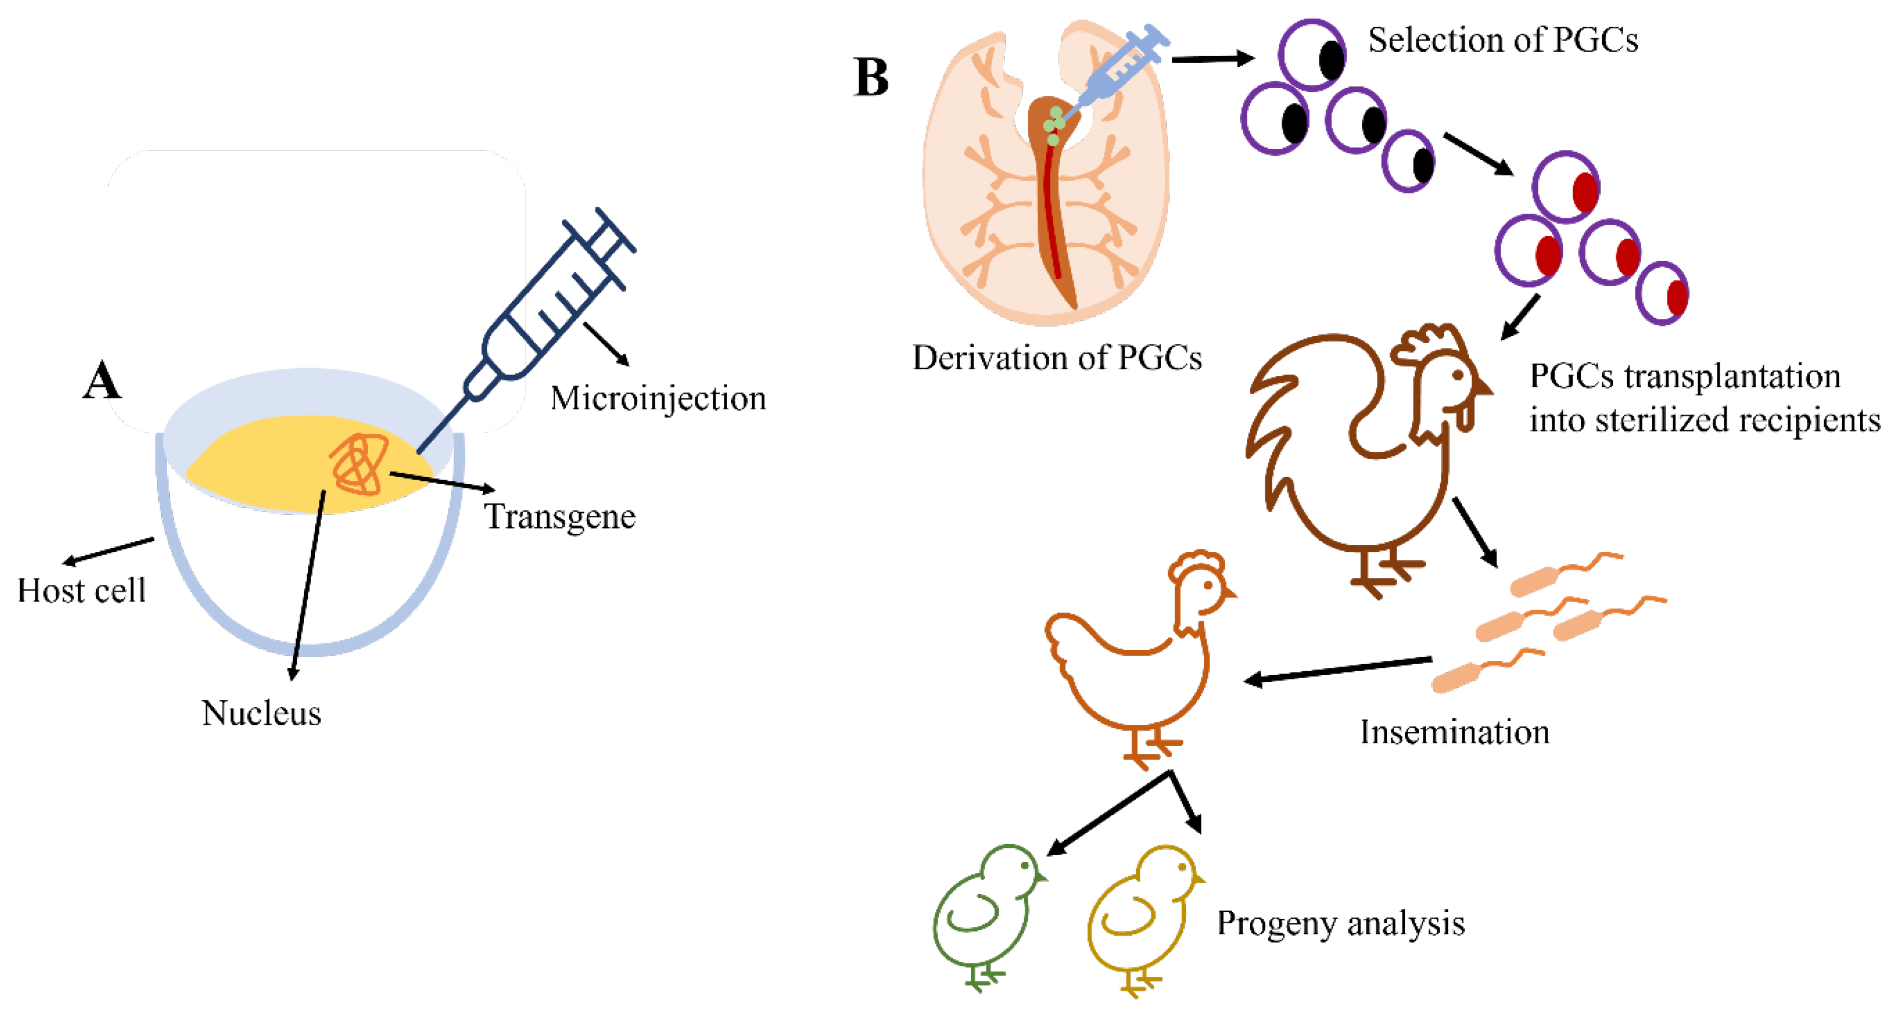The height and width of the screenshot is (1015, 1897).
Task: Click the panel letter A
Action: [x=101, y=380]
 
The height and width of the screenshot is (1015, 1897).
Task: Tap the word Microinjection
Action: [x=658, y=398]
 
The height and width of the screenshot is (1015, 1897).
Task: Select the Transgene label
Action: [x=560, y=516]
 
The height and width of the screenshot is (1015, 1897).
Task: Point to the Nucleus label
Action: [x=261, y=713]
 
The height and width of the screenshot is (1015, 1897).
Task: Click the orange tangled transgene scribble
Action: [x=359, y=464]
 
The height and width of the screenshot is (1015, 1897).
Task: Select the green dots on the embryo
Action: [x=1055, y=125]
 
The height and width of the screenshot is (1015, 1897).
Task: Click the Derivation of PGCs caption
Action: [x=1057, y=358]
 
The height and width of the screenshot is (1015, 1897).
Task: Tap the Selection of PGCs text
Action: [x=1502, y=40]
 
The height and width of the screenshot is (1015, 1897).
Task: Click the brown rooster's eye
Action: [x=1457, y=375]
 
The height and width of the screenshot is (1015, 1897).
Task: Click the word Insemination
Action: [x=1454, y=732]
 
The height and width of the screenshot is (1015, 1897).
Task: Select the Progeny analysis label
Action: [x=1340, y=923]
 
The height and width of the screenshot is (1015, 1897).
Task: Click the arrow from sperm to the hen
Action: [x=1337, y=670]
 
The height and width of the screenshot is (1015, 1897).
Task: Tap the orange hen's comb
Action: [x=1196, y=563]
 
